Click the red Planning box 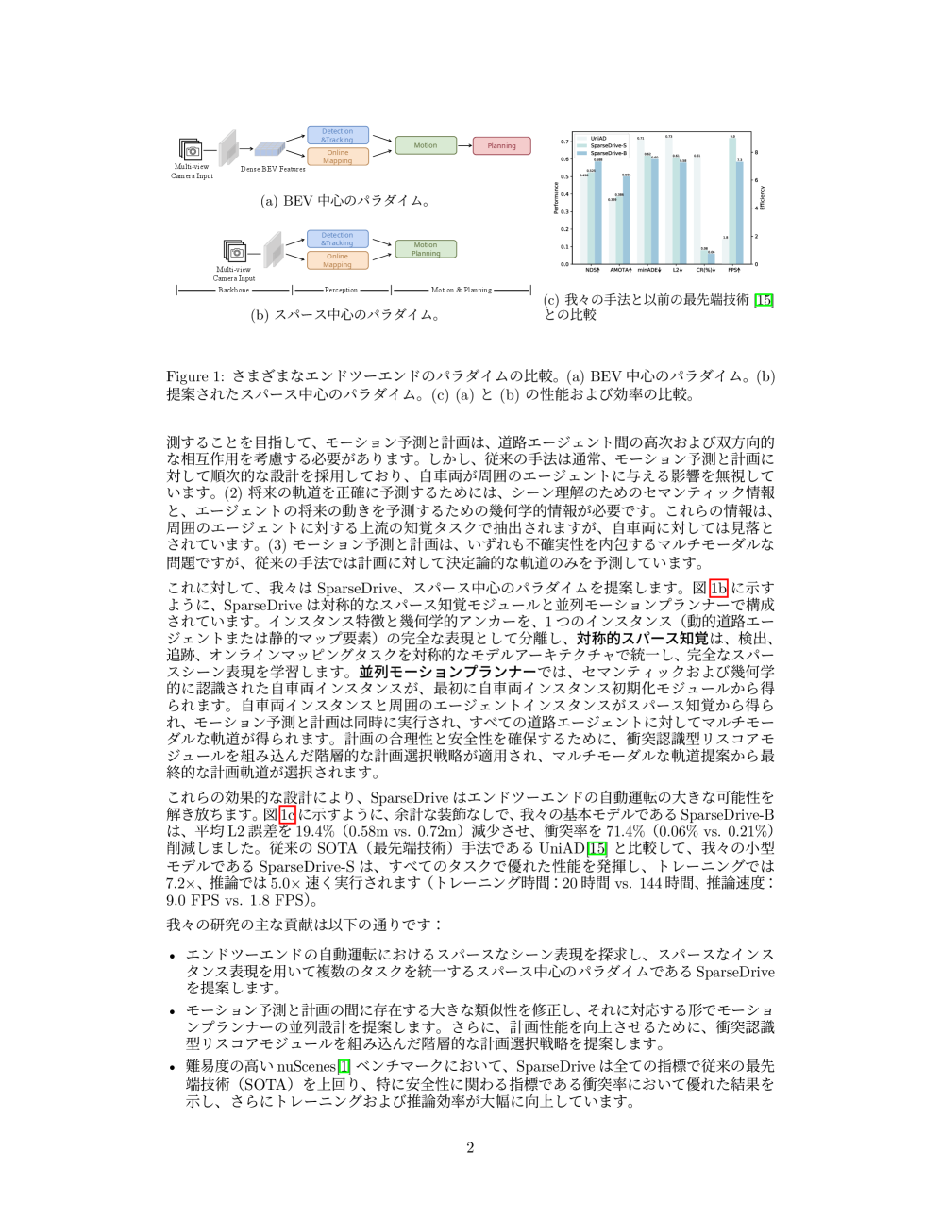pyautogui.click(x=501, y=146)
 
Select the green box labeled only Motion pyautogui.click(x=426, y=145)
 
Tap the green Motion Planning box pyautogui.click(x=426, y=249)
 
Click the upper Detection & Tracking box pyautogui.click(x=338, y=136)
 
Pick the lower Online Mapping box pyautogui.click(x=338, y=260)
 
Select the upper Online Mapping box pyautogui.click(x=338, y=157)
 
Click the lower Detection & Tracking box pyautogui.click(x=338, y=240)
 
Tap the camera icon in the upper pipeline pyautogui.click(x=192, y=150)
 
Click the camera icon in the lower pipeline pyautogui.click(x=235, y=252)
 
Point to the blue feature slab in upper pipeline pyautogui.click(x=269, y=149)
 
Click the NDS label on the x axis pyautogui.click(x=592, y=271)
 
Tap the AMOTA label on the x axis pyautogui.click(x=620, y=271)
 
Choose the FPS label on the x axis pyautogui.click(x=733, y=271)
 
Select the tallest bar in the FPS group pyautogui.click(x=732, y=201)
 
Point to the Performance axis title pyautogui.click(x=556, y=198)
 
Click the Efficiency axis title pyautogui.click(x=763, y=198)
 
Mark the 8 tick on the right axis pyautogui.click(x=756, y=152)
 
